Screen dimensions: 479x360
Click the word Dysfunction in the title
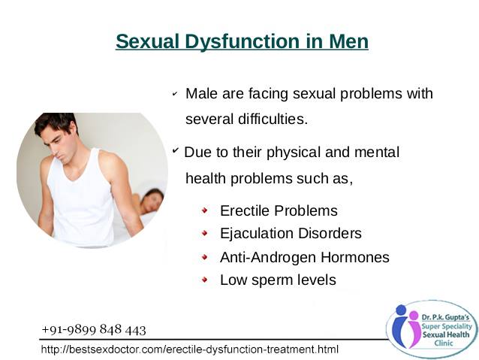[243, 41]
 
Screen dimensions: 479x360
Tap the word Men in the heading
[348, 41]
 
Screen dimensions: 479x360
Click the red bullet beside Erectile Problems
[205, 210]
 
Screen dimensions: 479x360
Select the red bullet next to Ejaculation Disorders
[205, 234]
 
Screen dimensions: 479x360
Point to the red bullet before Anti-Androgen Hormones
[205, 257]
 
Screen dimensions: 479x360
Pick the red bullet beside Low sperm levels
[205, 280]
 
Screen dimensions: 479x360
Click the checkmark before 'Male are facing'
[175, 94]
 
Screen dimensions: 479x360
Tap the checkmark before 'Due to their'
[176, 150]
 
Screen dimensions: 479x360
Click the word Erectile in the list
[245, 210]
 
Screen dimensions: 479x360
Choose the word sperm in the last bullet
[267, 280]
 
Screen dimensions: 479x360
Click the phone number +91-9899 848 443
[94, 330]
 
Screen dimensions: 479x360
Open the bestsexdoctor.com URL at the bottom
[190, 349]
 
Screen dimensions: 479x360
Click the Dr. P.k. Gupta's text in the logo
[445, 317]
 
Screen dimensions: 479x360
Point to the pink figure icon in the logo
[413, 329]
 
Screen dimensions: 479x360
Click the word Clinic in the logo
[444, 343]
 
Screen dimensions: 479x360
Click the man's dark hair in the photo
[55, 123]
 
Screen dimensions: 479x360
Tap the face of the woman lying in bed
[151, 202]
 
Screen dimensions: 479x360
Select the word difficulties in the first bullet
[273, 119]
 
